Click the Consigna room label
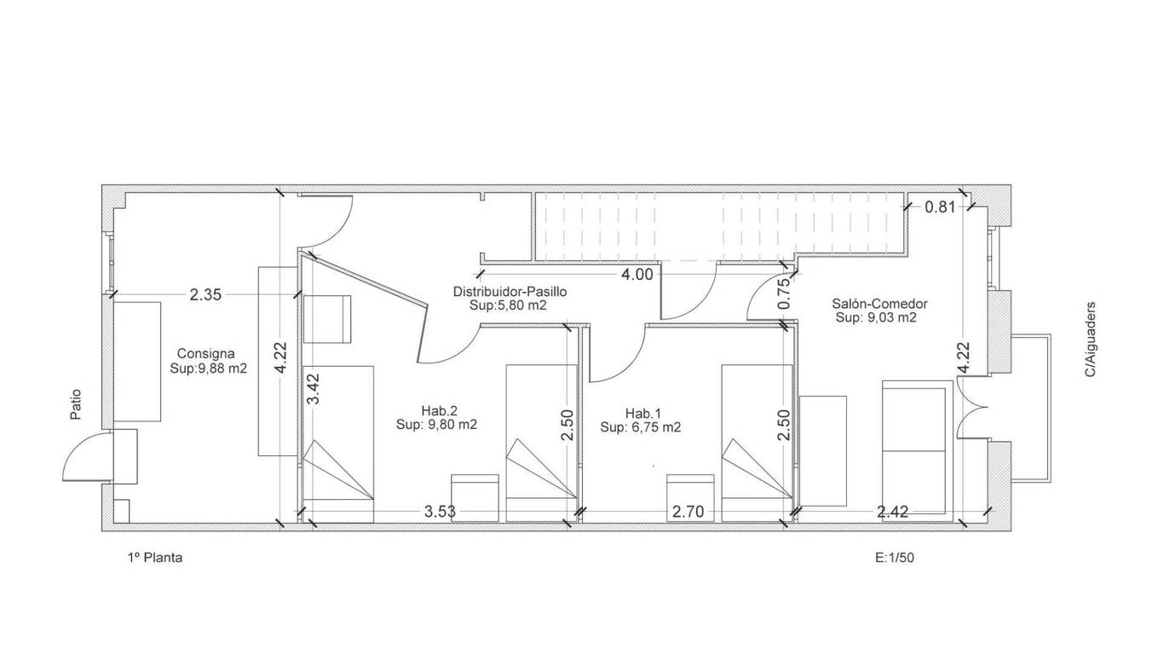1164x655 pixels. (x=205, y=353)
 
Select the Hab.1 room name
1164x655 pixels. (x=643, y=414)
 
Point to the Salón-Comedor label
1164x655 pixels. (x=879, y=304)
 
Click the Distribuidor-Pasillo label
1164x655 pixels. (x=510, y=292)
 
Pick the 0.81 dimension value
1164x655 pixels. (x=940, y=207)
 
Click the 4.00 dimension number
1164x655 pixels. (x=637, y=274)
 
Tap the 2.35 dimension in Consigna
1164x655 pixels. (x=205, y=295)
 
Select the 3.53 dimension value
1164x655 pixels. (x=441, y=512)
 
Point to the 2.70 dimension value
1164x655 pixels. (x=688, y=512)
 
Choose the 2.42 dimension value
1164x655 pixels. (x=893, y=512)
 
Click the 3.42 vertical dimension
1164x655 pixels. (x=314, y=389)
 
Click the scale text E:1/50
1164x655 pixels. (x=895, y=558)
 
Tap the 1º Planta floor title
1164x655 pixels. (x=155, y=558)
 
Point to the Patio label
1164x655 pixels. (x=76, y=404)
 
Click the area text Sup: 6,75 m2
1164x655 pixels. (x=640, y=427)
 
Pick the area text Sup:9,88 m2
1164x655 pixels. (x=209, y=368)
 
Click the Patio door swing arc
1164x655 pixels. (x=78, y=445)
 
